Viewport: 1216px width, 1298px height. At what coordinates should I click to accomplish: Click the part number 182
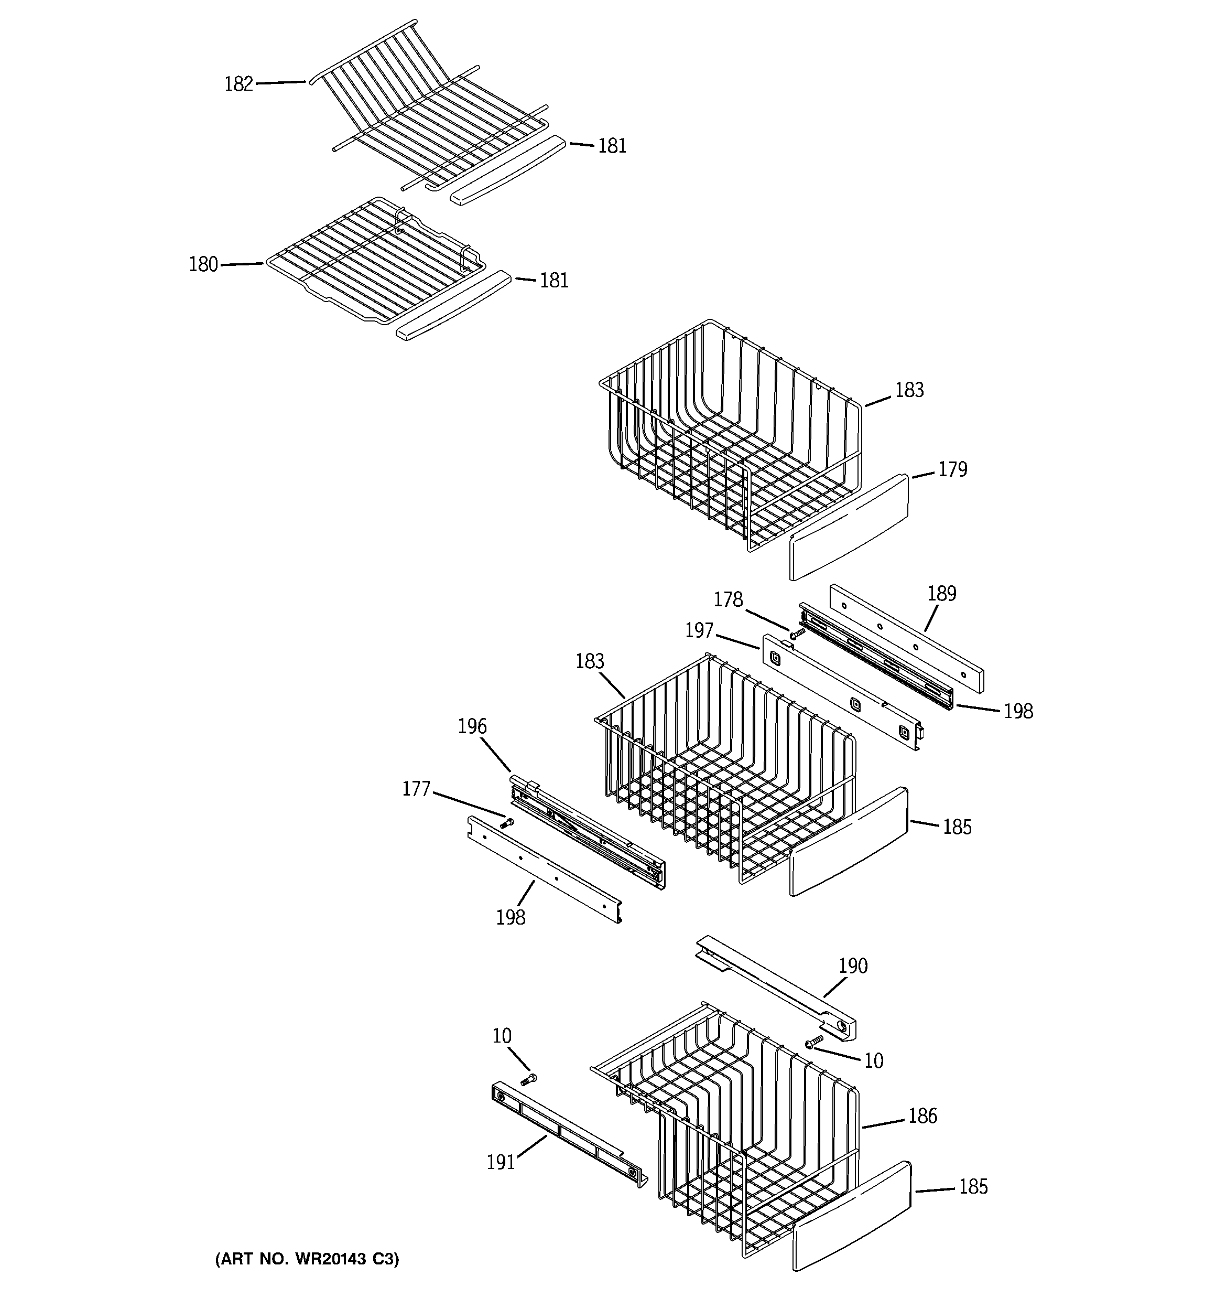[238, 84]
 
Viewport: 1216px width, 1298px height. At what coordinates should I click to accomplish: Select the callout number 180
[203, 264]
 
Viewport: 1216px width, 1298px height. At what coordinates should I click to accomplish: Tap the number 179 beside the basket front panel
[952, 469]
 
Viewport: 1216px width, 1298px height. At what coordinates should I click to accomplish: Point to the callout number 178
[728, 599]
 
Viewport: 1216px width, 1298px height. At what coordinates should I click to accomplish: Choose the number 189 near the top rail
[941, 594]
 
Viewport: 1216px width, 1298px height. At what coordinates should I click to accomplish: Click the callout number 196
[472, 726]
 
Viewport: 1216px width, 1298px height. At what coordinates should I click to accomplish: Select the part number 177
[416, 789]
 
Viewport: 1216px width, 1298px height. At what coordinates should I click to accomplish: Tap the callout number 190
[852, 966]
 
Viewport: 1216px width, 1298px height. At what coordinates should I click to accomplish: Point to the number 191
[501, 1162]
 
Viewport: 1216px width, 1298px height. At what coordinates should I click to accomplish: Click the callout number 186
[922, 1116]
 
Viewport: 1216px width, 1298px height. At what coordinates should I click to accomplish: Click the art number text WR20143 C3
[307, 1259]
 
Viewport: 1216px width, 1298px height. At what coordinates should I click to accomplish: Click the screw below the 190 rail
[813, 1043]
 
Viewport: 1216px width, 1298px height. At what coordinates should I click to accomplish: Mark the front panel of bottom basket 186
[852, 1215]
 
